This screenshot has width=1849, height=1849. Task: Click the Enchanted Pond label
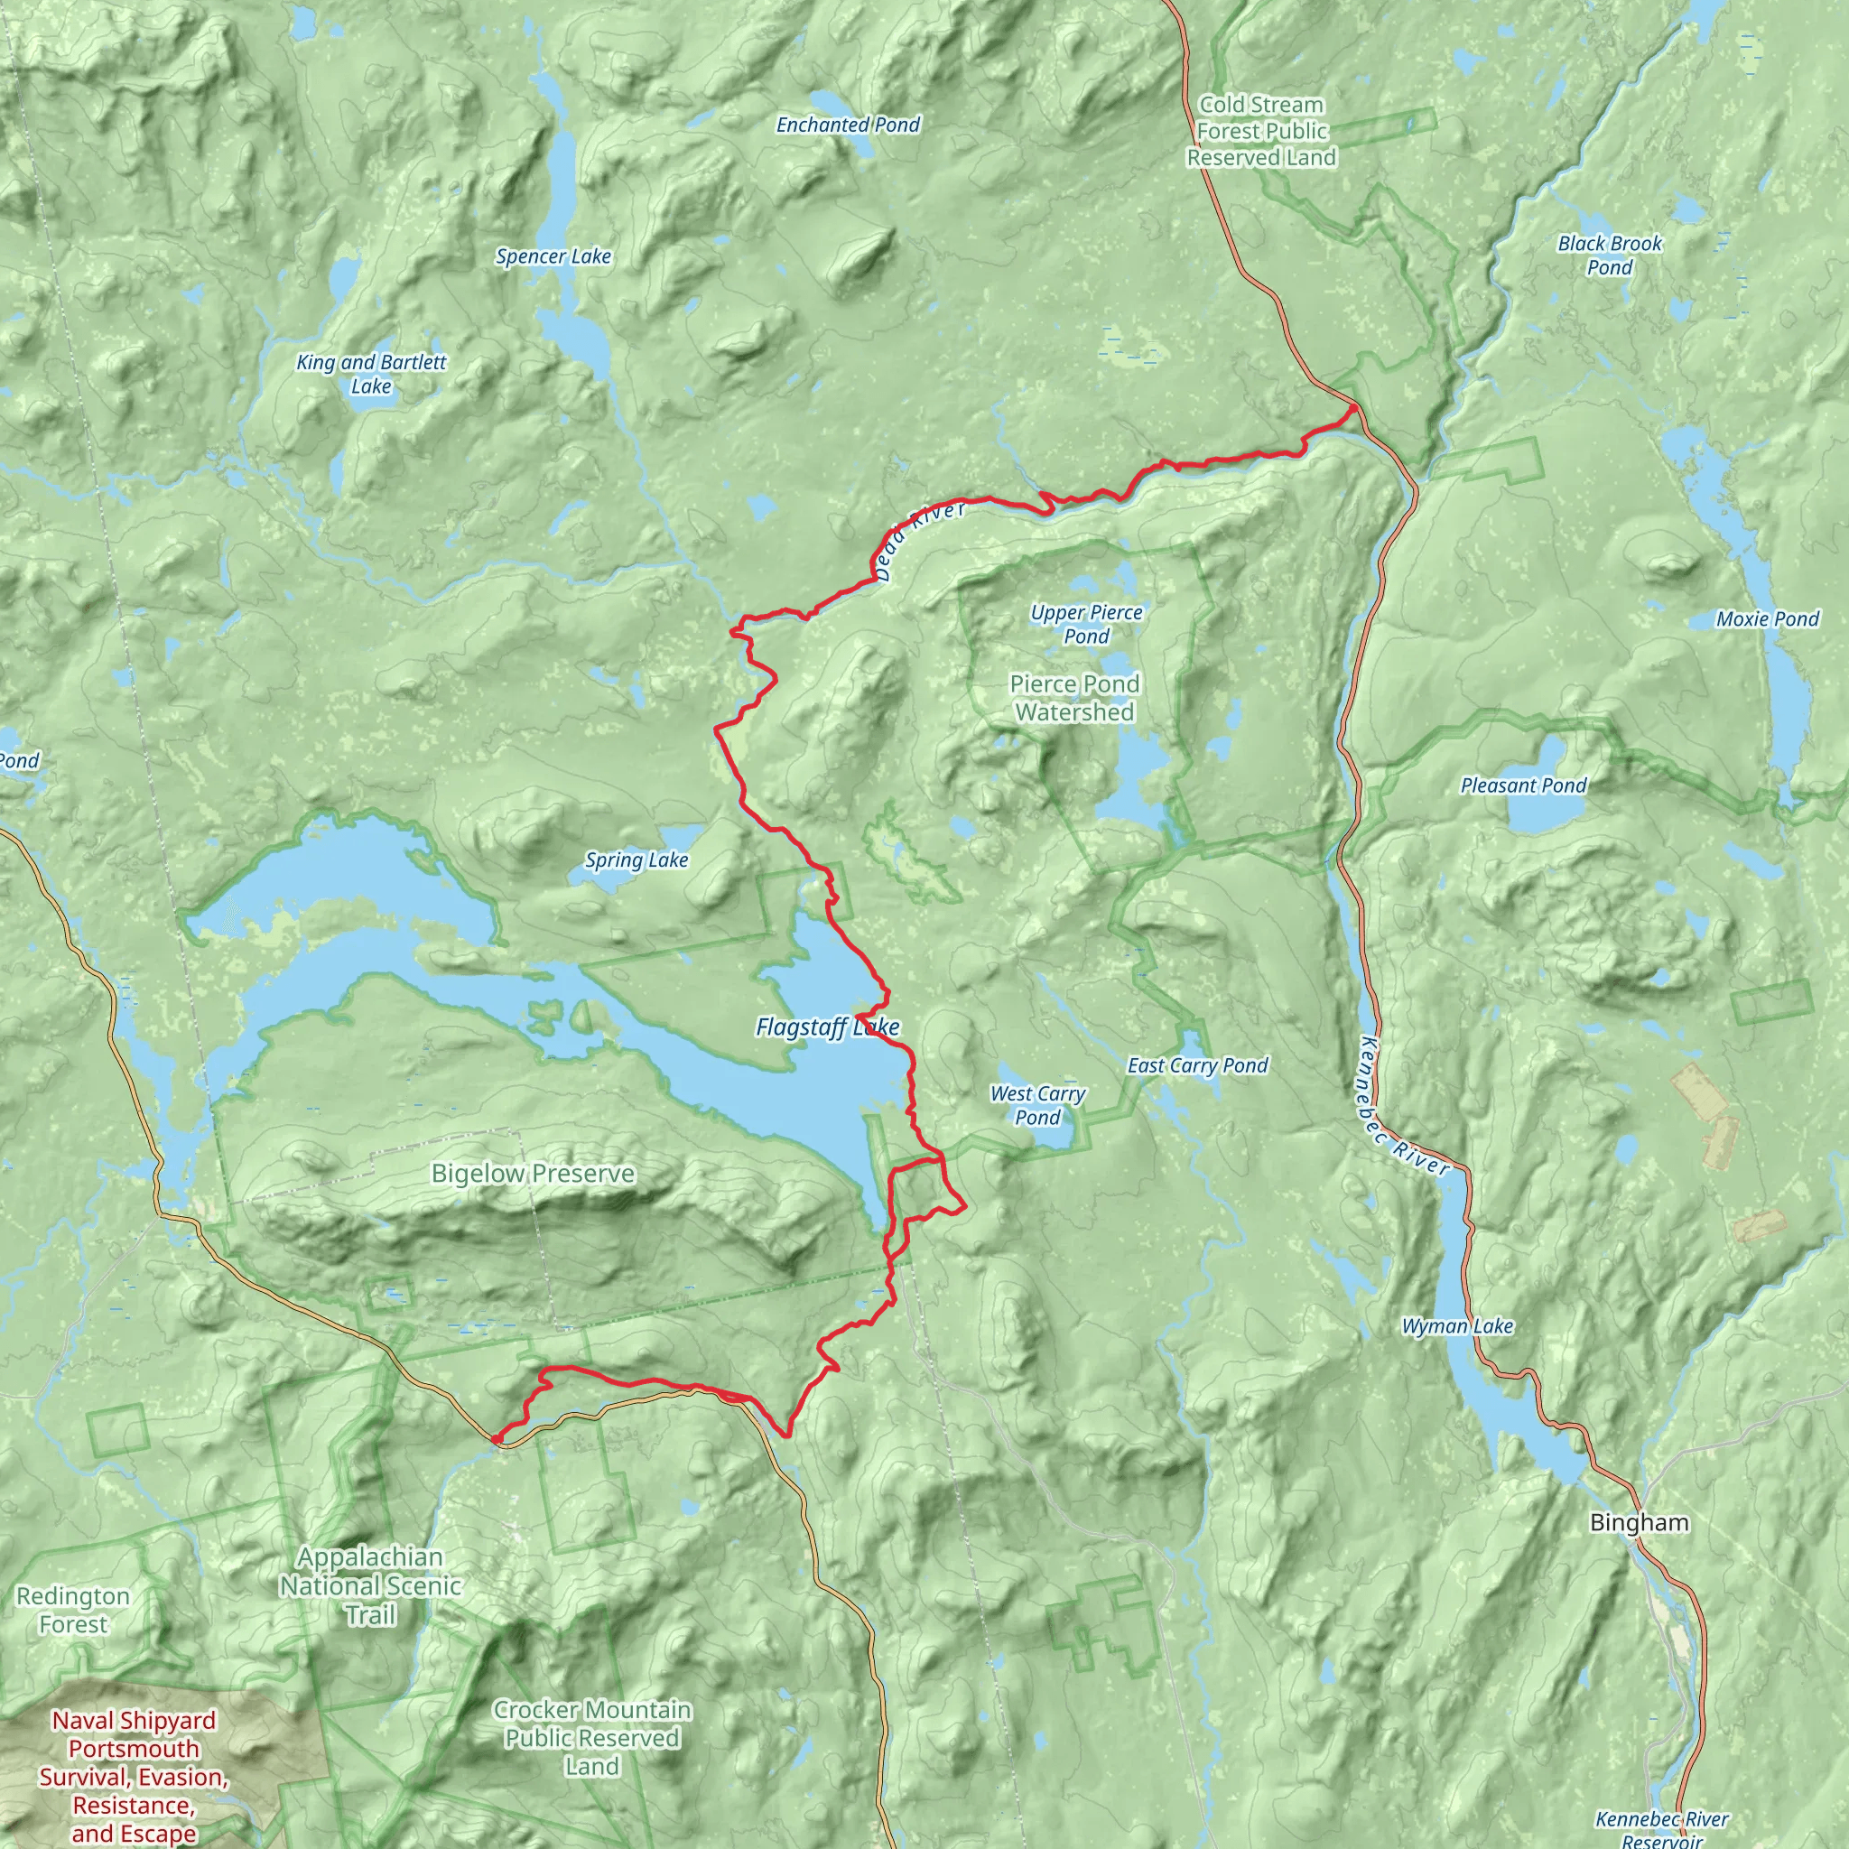pos(848,125)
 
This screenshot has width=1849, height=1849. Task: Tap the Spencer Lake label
pos(553,256)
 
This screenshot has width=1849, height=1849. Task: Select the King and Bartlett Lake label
pos(371,374)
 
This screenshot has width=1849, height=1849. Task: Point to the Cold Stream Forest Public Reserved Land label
pos(1261,131)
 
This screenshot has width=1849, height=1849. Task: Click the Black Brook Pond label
pos(1610,256)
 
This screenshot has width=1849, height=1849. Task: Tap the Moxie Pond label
pos(1767,619)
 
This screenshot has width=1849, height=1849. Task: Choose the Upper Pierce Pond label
pos(1086,624)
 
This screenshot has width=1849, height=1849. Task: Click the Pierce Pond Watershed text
pos(1074,698)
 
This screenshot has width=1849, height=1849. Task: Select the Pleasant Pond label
pos(1523,785)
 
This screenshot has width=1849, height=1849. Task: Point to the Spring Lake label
pos(636,860)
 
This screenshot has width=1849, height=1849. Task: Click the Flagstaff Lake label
pos(827,1027)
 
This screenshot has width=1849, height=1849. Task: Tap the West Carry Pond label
pos(1037,1105)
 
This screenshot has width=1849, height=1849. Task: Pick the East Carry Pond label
pos(1197,1065)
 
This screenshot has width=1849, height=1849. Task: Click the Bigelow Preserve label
pos(533,1174)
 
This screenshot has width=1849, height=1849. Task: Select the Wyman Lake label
pos(1456,1326)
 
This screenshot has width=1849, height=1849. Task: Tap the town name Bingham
pos(1640,1523)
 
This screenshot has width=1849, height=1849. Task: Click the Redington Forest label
pos(73,1610)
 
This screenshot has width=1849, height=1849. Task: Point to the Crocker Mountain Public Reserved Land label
pos(591,1738)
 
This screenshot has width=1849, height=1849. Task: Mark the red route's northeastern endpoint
pos(1353,409)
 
